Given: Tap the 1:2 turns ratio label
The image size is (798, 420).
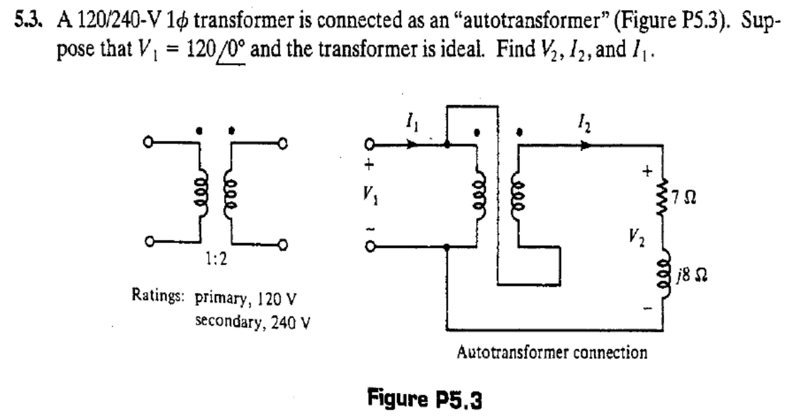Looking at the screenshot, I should (x=217, y=259).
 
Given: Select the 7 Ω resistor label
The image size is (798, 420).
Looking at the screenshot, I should (x=684, y=198).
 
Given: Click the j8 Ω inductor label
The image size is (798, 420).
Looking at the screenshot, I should (x=692, y=275).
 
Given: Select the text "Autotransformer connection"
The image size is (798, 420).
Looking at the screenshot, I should (x=552, y=353).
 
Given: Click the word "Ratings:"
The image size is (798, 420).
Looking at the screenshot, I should (x=158, y=294).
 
